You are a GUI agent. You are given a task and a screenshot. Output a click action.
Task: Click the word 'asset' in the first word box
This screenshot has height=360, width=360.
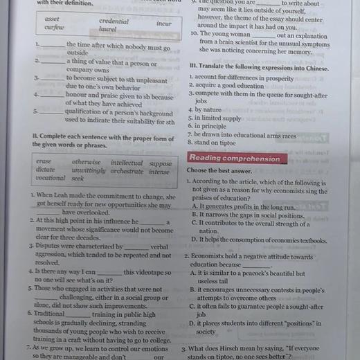coord(52,19)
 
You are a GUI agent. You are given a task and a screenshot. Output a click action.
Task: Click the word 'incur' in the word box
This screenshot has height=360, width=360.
coord(163,23)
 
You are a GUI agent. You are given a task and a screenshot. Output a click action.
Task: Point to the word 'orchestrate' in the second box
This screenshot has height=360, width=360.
coord(127,170)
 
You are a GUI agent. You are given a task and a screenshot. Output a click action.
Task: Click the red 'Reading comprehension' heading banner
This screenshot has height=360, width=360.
coord(235,158)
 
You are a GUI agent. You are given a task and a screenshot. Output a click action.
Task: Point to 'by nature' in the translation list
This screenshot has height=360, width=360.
coord(208,109)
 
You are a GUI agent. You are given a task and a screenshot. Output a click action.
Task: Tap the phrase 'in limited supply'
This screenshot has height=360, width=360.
coord(218,118)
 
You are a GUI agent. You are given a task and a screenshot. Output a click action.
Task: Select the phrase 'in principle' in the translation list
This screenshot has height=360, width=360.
coord(211,126)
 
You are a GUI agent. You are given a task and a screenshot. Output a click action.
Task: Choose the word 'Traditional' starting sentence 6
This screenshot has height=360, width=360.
coord(50,314)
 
